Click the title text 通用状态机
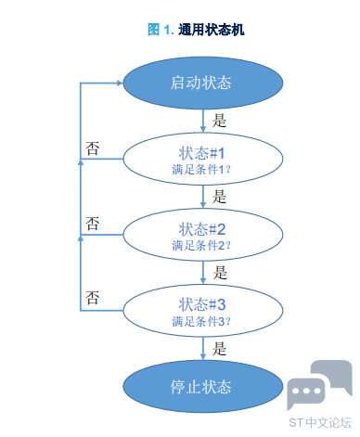click(x=212, y=30)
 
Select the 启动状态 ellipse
click(x=203, y=83)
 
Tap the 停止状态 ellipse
click(x=203, y=387)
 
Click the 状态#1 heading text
click(x=201, y=153)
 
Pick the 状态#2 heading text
click(x=202, y=229)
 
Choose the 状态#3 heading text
click(x=202, y=304)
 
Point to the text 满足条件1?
click(x=201, y=170)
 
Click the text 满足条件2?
click(x=201, y=246)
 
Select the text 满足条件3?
click(x=201, y=321)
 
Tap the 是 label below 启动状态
click(x=219, y=121)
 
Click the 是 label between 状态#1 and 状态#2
click(x=219, y=197)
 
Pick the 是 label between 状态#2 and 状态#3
click(x=220, y=273)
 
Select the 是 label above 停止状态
click(x=219, y=348)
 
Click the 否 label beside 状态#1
click(x=92, y=148)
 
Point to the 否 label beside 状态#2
click(x=92, y=224)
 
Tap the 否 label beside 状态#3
click(x=92, y=298)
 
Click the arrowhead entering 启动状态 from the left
click(x=120, y=83)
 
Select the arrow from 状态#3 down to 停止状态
click(x=203, y=348)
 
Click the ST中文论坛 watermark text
click(x=320, y=423)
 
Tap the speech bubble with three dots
click(x=306, y=392)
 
